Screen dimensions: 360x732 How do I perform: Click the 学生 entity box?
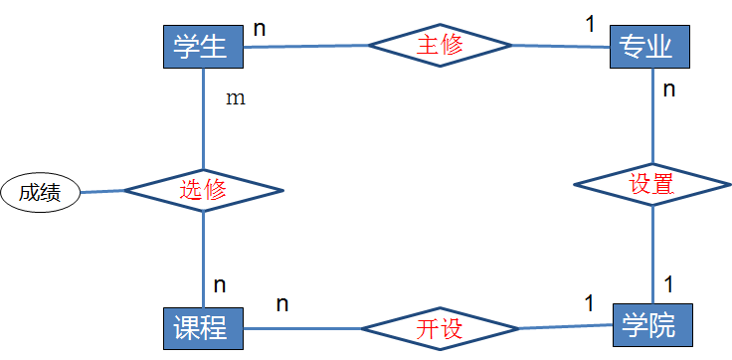tap(202, 46)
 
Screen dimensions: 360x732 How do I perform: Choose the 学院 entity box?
tap(649, 326)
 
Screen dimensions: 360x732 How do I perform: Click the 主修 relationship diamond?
tap(440, 45)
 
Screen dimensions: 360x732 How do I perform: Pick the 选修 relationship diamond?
tap(203, 190)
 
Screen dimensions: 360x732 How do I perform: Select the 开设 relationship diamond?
tap(439, 329)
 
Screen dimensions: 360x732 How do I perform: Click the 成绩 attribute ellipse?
tap(40, 192)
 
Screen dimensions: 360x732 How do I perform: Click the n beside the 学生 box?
tap(260, 27)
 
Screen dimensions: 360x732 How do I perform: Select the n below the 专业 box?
tap(669, 90)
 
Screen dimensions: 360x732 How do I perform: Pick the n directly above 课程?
tap(220, 284)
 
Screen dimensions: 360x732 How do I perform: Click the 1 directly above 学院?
tap(668, 284)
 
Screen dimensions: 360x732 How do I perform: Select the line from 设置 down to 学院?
tap(652, 253)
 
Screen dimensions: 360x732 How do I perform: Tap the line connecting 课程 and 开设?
tap(300, 329)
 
